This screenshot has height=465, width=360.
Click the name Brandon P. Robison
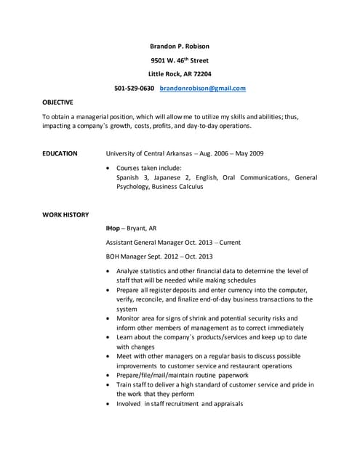pyautogui.click(x=179, y=46)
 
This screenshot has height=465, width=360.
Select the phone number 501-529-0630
pyautogui.click(x=134, y=89)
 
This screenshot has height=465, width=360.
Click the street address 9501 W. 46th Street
pyautogui.click(x=179, y=60)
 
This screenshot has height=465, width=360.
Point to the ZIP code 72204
pyautogui.click(x=199, y=74)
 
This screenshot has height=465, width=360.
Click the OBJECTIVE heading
pyautogui.click(x=57, y=102)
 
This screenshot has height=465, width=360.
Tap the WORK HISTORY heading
pyautogui.click(x=65, y=214)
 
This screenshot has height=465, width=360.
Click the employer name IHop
pyautogui.click(x=113, y=228)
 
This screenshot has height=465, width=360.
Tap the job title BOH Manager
pyautogui.click(x=127, y=256)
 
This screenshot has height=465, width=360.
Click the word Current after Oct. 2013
pyautogui.click(x=230, y=242)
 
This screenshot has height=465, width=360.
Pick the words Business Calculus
pyautogui.click(x=179, y=187)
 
